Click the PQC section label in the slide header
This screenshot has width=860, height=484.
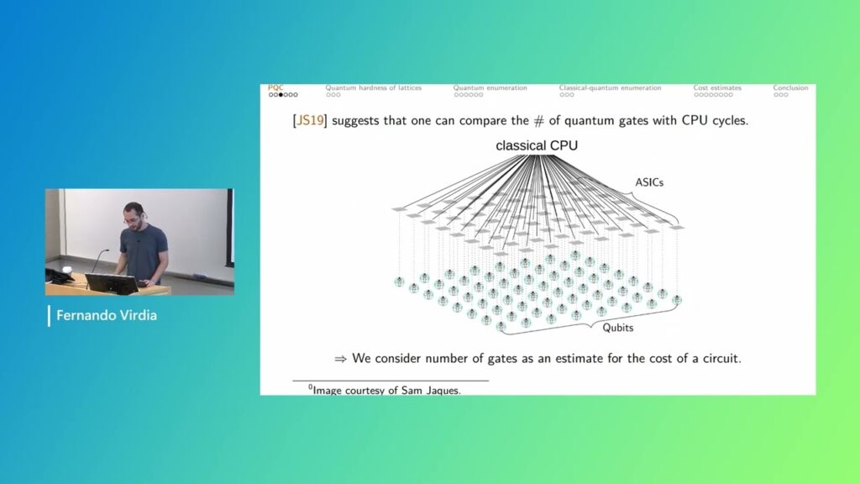click(275, 87)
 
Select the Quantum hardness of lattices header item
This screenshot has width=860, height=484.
click(374, 87)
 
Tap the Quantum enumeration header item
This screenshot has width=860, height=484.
click(490, 87)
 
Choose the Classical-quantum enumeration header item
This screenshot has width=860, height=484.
click(610, 87)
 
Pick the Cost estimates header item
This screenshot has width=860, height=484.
click(718, 87)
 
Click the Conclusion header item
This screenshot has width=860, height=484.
click(790, 87)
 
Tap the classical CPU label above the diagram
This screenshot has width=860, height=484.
click(537, 146)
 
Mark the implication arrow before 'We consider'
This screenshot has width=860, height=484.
click(340, 359)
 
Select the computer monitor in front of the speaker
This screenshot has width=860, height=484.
click(112, 284)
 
